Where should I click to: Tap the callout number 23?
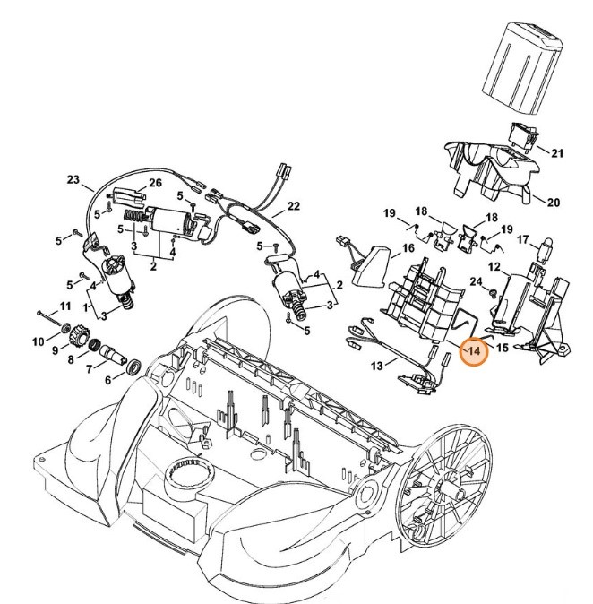pyautogui.click(x=73, y=179)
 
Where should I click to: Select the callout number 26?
pyautogui.click(x=155, y=184)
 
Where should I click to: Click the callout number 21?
pyautogui.click(x=557, y=153)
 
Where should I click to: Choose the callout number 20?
pyautogui.click(x=553, y=203)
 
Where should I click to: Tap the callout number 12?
pyautogui.click(x=493, y=267)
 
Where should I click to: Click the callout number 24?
pyautogui.click(x=477, y=283)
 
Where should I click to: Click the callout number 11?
pyautogui.click(x=64, y=307)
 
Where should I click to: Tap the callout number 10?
pyautogui.click(x=39, y=341)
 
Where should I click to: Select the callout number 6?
pyautogui.click(x=108, y=381)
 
